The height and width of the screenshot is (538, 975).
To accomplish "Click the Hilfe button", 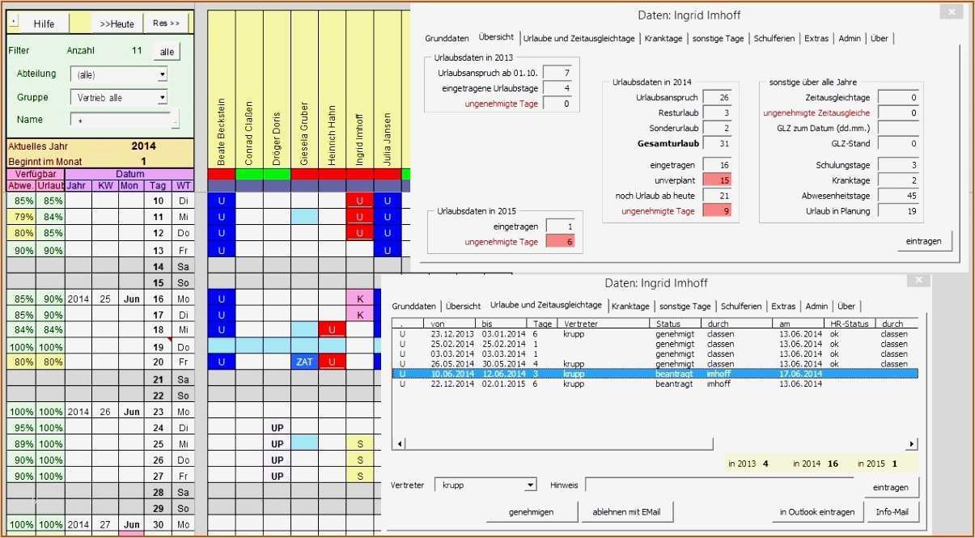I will click(x=45, y=23).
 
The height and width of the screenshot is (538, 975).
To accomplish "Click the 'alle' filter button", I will click(x=167, y=52).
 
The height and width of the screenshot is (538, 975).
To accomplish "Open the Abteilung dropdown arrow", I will click(x=163, y=74).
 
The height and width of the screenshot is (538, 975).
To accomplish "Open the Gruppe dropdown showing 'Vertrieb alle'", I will click(x=163, y=98).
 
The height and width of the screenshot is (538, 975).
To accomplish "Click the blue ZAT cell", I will click(x=304, y=362).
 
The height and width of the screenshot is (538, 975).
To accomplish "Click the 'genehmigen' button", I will click(x=531, y=512).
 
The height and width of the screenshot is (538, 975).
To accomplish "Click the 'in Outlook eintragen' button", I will click(x=816, y=512).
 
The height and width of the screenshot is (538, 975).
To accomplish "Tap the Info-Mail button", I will click(x=892, y=512).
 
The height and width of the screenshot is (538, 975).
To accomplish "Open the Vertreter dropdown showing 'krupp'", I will click(x=530, y=485).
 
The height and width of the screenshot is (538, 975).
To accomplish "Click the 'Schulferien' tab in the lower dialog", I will click(x=741, y=306).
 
